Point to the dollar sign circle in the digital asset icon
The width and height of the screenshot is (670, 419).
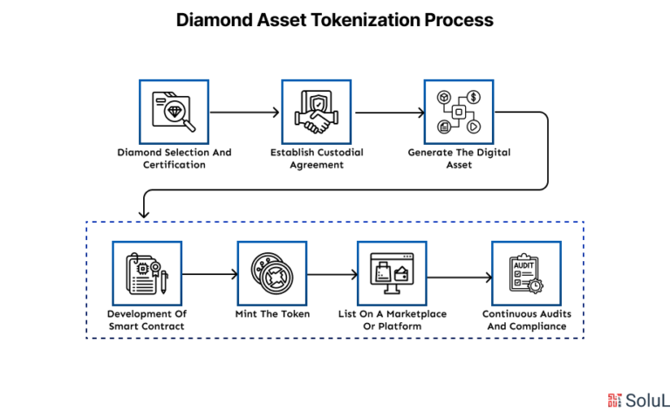coord(473,98)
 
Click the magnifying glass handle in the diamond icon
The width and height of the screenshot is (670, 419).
coord(188,125)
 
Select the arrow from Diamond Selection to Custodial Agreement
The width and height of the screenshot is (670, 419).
coord(244,113)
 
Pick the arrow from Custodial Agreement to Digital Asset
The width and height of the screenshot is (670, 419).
coord(390,113)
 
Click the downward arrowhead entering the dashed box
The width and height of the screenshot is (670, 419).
coord(144,213)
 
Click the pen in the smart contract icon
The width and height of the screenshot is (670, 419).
coord(164,282)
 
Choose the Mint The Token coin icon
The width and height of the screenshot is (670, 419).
coord(272,273)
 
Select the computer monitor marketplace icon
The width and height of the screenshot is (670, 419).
coord(392,273)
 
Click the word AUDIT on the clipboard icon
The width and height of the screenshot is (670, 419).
coord(523,265)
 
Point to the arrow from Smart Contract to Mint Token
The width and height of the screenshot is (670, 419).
coord(209,274)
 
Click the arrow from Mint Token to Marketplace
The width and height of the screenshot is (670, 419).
coord(332,274)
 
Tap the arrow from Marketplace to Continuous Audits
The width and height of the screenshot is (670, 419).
coord(460,278)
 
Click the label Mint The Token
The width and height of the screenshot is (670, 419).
coord(272,314)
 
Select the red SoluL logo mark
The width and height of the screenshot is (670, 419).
coord(614,401)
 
